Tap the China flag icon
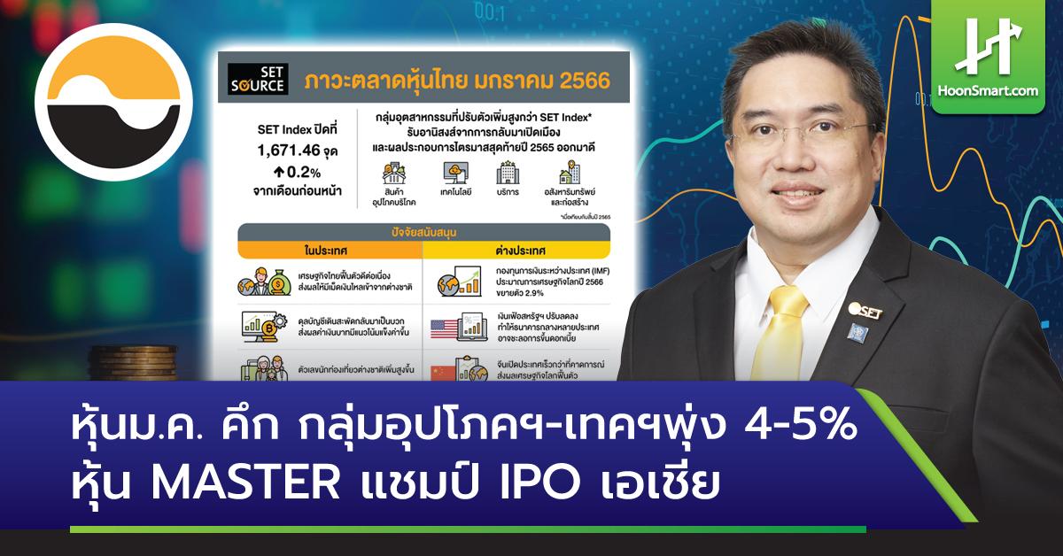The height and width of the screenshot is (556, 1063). click(x=446, y=371)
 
